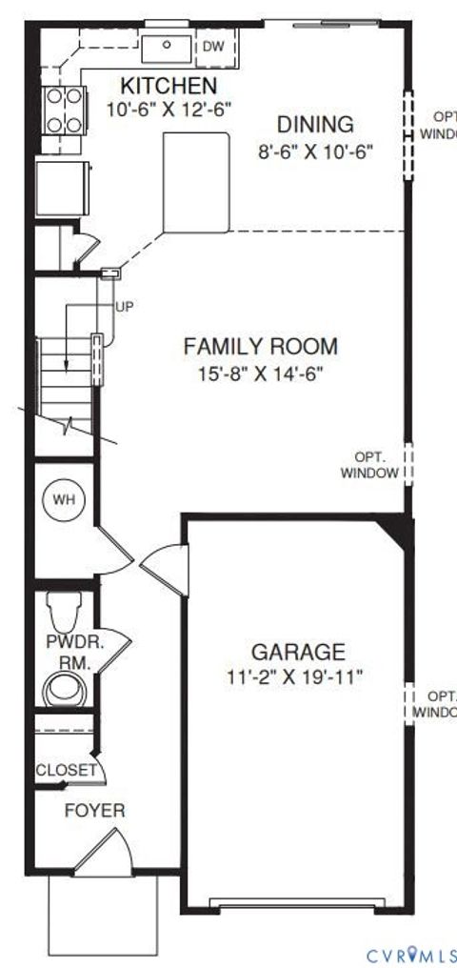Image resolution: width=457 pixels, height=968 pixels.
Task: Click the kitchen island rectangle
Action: click(197, 182)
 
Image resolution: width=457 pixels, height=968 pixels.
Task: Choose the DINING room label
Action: click(315, 125)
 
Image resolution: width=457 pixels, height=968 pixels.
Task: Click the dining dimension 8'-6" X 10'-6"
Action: click(315, 151)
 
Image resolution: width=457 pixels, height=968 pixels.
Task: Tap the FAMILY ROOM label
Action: click(260, 347)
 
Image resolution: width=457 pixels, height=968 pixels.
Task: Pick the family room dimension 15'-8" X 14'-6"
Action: click(260, 373)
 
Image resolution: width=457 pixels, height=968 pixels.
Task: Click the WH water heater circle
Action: click(63, 498)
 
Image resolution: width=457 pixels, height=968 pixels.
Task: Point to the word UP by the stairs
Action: click(124, 307)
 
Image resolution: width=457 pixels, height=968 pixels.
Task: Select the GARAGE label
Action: click(298, 652)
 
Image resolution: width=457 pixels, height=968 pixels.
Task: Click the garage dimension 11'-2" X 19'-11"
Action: click(298, 677)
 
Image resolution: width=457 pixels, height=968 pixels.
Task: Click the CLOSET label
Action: click(66, 770)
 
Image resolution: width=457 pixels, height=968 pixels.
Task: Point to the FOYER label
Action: click(94, 811)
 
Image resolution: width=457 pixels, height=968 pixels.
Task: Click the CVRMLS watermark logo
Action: click(411, 955)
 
